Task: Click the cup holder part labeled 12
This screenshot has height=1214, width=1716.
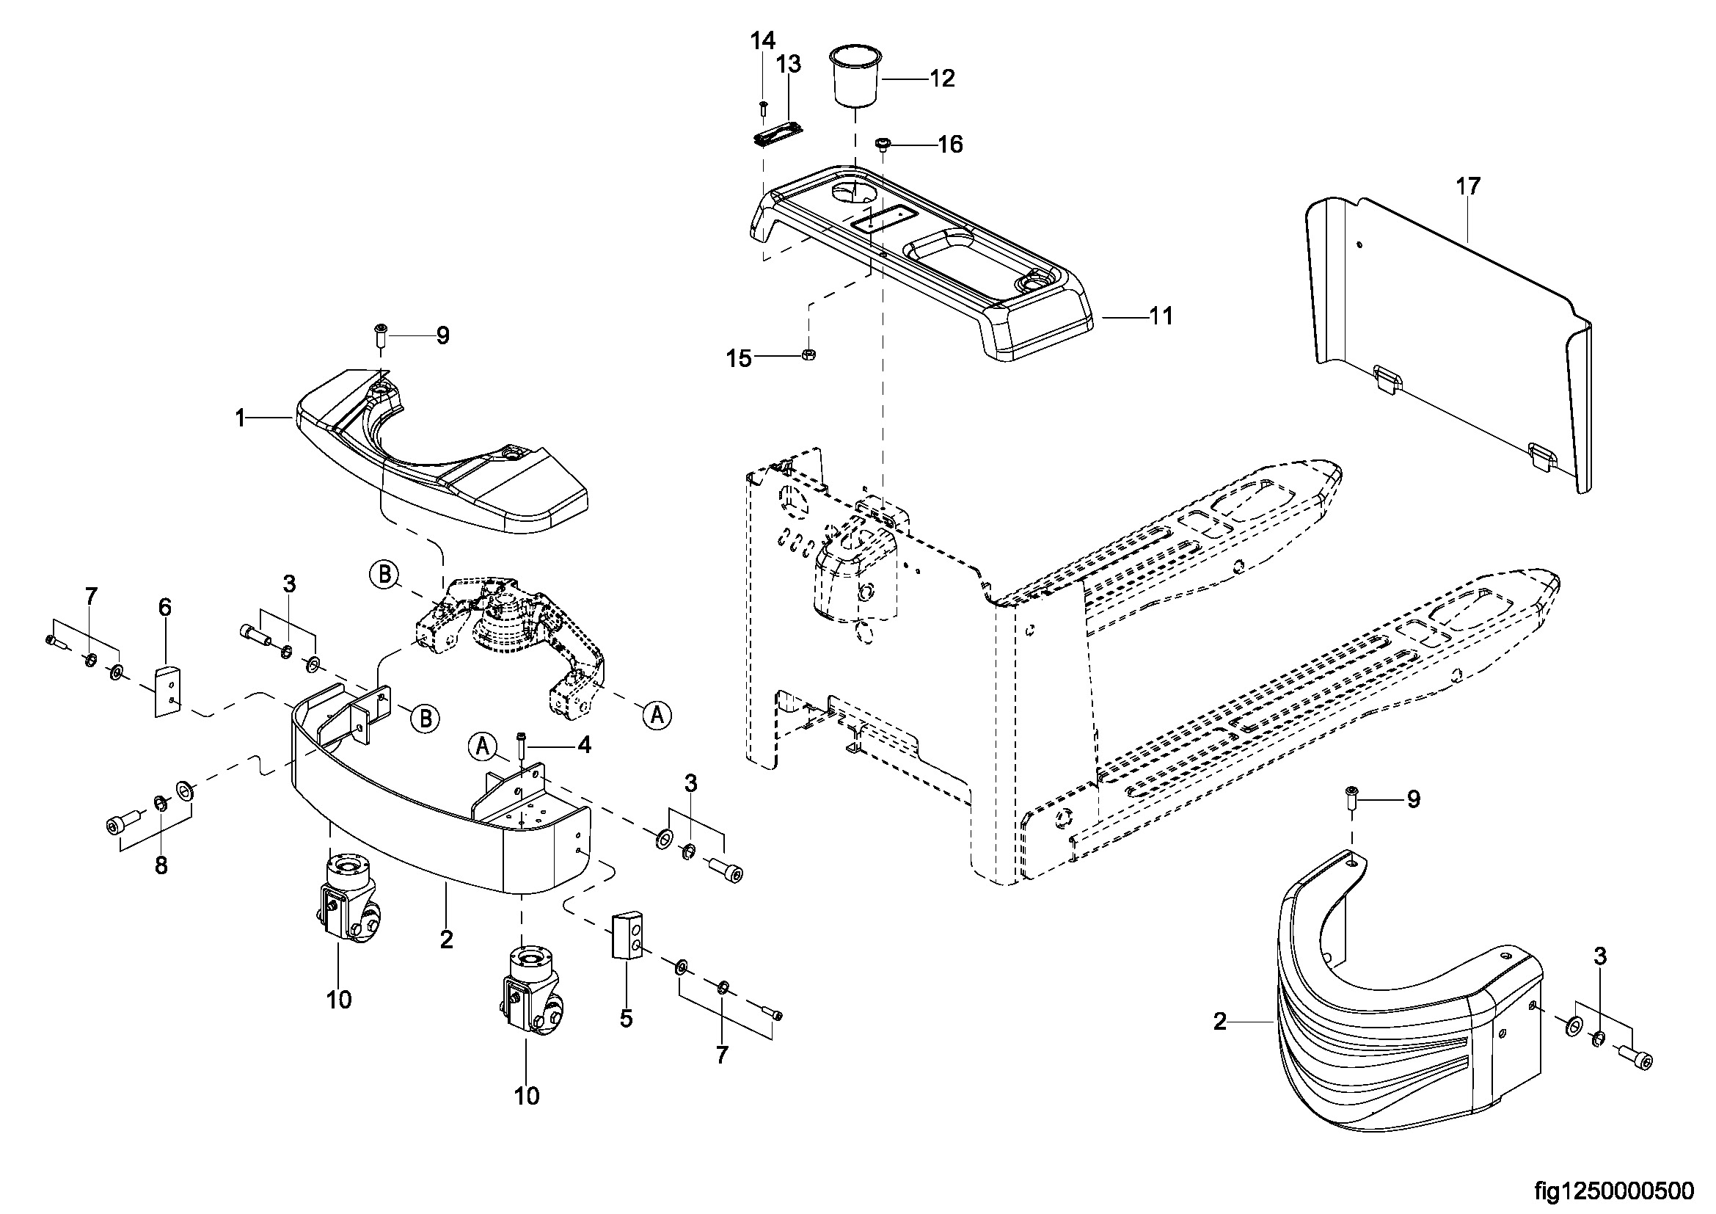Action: tap(855, 77)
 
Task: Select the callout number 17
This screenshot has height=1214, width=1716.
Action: tap(1469, 186)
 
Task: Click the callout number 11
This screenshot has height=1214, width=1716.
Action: tap(1161, 316)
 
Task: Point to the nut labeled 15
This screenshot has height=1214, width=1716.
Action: tap(808, 355)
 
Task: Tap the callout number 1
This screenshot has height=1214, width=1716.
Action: tap(240, 419)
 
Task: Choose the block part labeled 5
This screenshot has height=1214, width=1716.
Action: tap(628, 934)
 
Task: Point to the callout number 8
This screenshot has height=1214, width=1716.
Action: tap(161, 865)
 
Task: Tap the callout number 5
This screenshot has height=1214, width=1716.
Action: tap(627, 1018)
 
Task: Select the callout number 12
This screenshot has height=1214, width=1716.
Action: tap(943, 79)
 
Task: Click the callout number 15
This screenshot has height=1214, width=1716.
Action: tap(739, 359)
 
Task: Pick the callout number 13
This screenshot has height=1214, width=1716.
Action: tap(788, 65)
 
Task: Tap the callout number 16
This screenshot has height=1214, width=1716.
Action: tap(950, 144)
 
